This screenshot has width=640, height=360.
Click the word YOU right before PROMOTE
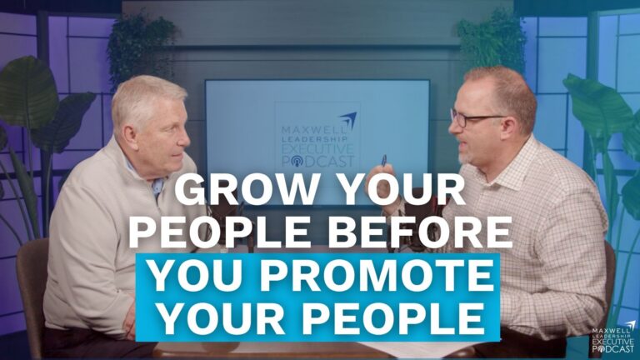coord(196,276)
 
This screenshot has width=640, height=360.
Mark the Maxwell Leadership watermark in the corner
coord(612,337)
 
